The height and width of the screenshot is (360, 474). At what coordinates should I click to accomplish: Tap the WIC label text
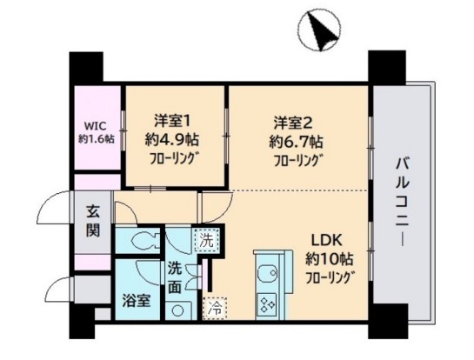(x=94, y=124)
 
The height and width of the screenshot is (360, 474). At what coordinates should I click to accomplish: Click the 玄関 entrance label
(x=93, y=222)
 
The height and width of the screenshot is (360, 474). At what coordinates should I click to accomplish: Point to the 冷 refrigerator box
(x=212, y=306)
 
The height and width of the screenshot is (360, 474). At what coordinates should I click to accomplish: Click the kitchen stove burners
(x=265, y=303)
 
